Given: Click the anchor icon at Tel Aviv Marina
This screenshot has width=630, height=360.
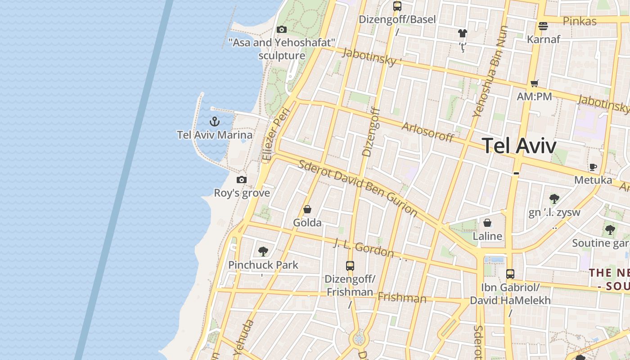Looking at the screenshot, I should (215, 121).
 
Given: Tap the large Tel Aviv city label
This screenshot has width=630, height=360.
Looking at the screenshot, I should (519, 146).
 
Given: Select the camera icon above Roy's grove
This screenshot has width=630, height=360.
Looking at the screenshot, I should (242, 180).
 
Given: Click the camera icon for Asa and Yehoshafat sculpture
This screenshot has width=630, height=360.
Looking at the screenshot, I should (282, 30).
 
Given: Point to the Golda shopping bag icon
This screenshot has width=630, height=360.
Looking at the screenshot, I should (307, 209).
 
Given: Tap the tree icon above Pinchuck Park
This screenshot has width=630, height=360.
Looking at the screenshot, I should (263, 252).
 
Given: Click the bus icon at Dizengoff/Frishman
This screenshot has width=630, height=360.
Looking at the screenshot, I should (350, 266).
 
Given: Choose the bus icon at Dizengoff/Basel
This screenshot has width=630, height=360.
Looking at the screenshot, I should (397, 6).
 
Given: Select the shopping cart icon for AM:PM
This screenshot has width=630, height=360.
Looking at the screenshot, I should (534, 83).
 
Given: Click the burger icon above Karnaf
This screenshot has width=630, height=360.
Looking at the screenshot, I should (543, 26).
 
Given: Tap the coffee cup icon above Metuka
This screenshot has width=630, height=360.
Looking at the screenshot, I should (593, 167).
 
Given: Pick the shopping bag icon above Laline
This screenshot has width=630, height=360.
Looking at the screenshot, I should (487, 223).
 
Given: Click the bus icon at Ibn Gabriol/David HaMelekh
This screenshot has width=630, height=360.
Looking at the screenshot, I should (510, 274).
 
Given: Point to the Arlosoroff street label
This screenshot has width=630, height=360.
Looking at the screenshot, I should (427, 132).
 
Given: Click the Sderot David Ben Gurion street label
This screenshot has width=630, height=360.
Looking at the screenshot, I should (358, 187).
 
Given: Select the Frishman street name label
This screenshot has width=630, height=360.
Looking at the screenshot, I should (402, 297).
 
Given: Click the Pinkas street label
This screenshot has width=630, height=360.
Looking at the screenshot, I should (580, 21).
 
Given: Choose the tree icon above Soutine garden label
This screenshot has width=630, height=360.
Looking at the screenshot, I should (610, 230).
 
